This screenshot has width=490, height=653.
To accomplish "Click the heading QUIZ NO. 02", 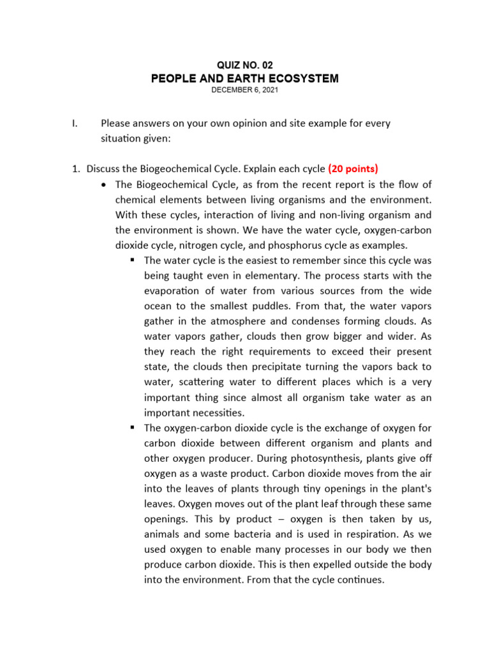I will (245, 66).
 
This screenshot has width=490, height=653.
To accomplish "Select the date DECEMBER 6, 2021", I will (245, 91).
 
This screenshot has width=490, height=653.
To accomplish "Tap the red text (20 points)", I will (353, 169).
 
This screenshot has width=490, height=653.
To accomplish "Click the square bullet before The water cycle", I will (133, 260).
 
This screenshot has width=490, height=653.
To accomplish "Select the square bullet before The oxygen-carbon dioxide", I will (133, 428).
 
